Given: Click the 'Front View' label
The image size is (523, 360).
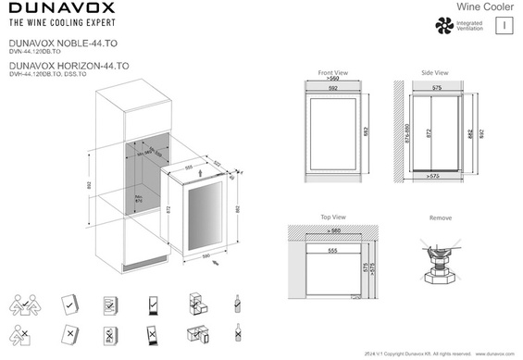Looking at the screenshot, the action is [x=332, y=72].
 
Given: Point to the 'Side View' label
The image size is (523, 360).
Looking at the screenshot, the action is [x=434, y=72].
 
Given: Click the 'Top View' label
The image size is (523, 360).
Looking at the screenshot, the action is [x=332, y=217].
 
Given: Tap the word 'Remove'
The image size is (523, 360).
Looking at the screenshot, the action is [x=441, y=218].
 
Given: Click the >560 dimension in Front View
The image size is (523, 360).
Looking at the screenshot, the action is [x=332, y=81].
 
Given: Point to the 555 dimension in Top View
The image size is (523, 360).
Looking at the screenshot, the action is [x=331, y=250].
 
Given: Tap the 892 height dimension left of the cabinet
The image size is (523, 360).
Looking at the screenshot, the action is [x=89, y=186].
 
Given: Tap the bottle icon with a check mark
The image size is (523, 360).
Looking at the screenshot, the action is [x=237, y=304].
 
